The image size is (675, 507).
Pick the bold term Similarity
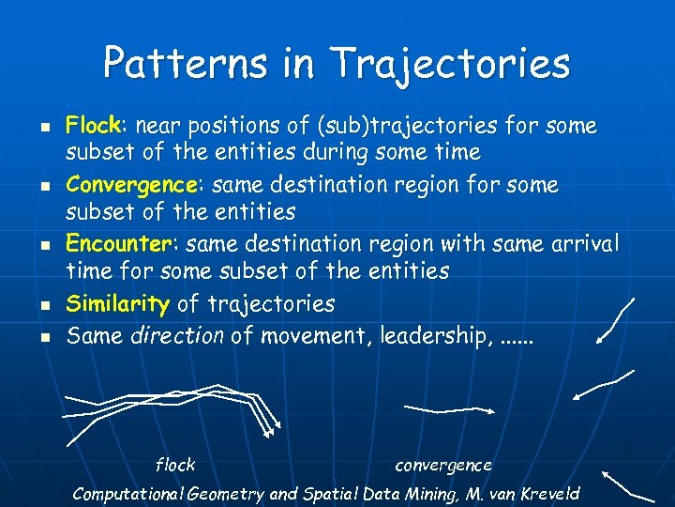pyautogui.click(x=118, y=303)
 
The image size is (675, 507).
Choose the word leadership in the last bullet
pyautogui.click(x=432, y=335)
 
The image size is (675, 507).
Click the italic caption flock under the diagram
pyautogui.click(x=174, y=465)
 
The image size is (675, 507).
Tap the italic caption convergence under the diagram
pyautogui.click(x=443, y=465)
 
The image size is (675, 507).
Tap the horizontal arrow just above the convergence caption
pyautogui.click(x=450, y=408)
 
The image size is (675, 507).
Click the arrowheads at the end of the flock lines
pyautogui.click(x=270, y=431)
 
